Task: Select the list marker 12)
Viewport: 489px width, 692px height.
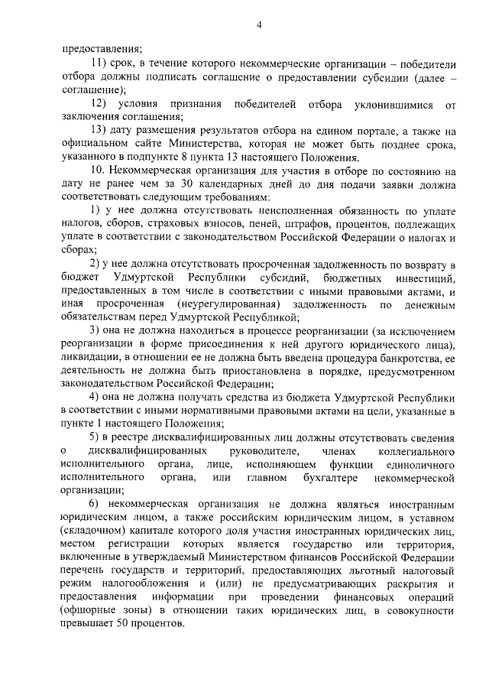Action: click(x=99, y=102)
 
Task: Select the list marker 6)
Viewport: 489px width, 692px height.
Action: click(x=94, y=505)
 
